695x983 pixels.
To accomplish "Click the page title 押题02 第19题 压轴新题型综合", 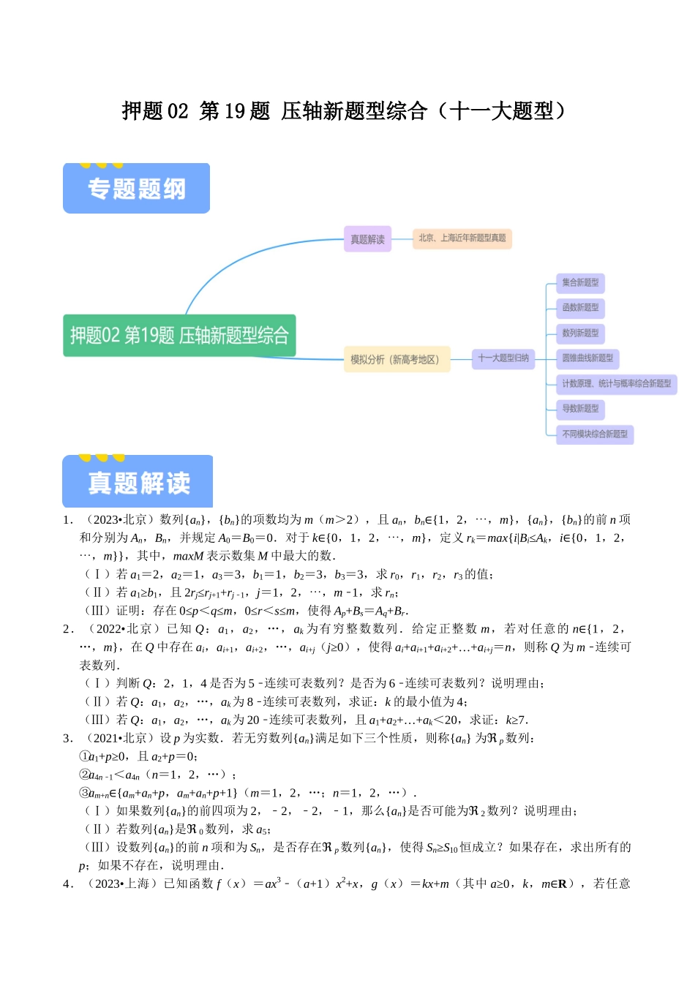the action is pyautogui.click(x=344, y=111).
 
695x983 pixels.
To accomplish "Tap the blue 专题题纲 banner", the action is pyautogui.click(x=136, y=189).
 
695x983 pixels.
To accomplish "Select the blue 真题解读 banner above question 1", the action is pyautogui.click(x=138, y=482).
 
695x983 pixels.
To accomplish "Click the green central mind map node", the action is pyautogui.click(x=179, y=336).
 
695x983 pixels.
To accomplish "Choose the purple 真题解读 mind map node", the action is pyautogui.click(x=367, y=239).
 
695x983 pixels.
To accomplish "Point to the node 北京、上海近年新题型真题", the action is pyautogui.click(x=462, y=238).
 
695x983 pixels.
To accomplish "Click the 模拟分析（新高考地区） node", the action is pyautogui.click(x=396, y=359).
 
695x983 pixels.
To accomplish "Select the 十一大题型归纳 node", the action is pyautogui.click(x=503, y=358).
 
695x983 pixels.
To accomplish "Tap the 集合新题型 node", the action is pyautogui.click(x=580, y=282).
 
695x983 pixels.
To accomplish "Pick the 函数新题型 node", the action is pyautogui.click(x=580, y=308).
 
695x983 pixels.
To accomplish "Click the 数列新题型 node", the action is pyautogui.click(x=580, y=334).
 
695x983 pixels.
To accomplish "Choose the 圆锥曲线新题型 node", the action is pyautogui.click(x=587, y=358).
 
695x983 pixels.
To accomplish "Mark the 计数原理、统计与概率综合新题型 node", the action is pyautogui.click(x=616, y=384).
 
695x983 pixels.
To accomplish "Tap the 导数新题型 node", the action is pyautogui.click(x=580, y=409).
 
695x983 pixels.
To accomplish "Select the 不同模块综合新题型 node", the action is pyautogui.click(x=595, y=434).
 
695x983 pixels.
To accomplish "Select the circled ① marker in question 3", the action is pyautogui.click(x=84, y=756).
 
